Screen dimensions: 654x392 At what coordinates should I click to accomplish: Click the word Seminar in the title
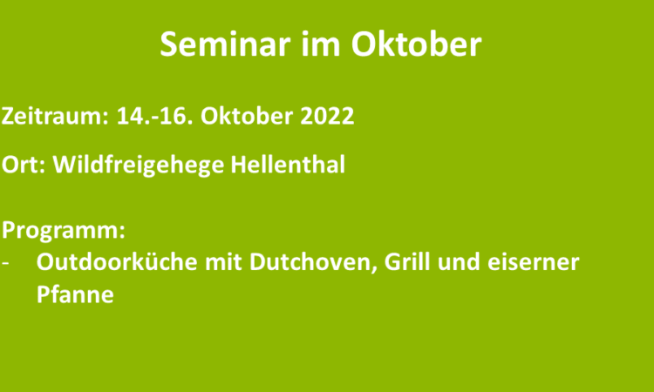coord(225,44)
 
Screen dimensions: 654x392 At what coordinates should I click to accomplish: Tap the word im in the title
coord(321,44)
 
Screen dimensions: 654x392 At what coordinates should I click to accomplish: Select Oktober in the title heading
coord(416,44)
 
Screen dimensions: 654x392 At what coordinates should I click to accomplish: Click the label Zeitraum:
coord(55,115)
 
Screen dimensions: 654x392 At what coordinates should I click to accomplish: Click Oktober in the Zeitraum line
coord(247,115)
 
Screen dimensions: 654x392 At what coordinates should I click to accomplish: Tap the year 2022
coord(327,115)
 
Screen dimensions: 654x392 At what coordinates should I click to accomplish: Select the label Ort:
coord(24,164)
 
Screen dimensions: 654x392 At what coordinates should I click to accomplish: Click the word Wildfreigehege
coord(139,166)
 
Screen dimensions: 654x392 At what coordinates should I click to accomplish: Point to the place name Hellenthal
coord(288,164)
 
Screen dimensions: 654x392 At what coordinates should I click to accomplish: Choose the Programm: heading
coord(64,230)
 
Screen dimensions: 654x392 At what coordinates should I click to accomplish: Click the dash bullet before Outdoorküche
coord(5,263)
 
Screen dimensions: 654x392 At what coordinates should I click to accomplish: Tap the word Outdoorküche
coord(117,262)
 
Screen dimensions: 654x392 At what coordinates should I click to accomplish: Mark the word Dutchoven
coord(314,263)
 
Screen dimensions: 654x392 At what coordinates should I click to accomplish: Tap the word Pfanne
coord(75,294)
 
